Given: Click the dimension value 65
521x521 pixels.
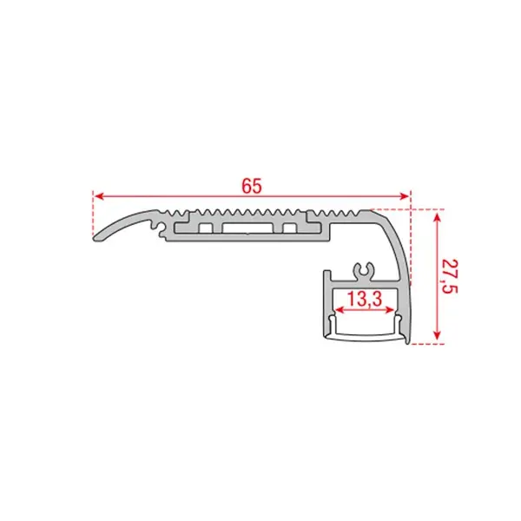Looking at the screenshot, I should pyautogui.click(x=252, y=186).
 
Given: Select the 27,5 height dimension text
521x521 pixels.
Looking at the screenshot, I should pyautogui.click(x=447, y=276).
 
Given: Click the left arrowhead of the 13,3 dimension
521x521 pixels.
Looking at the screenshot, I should pyautogui.click(x=336, y=313).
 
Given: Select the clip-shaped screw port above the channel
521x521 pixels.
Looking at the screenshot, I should pyautogui.click(x=365, y=270).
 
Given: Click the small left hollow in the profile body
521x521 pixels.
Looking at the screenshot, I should pyautogui.click(x=206, y=228).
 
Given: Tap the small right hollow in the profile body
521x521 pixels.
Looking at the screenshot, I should pyautogui.click(x=287, y=228).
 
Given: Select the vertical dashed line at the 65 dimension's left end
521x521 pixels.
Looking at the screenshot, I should pyautogui.click(x=92, y=217).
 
